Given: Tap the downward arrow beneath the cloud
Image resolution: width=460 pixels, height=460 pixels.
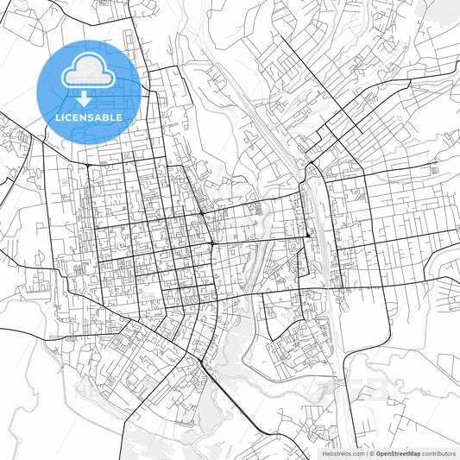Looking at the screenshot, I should click(x=89, y=98).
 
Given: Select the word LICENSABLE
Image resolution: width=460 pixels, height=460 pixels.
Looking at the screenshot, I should click(x=89, y=117).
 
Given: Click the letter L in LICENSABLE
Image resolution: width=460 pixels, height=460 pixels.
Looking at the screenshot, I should click(x=58, y=117).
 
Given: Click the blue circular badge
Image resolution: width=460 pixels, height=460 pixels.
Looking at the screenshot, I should click(x=89, y=91).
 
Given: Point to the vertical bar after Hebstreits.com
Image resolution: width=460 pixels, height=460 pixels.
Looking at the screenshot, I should click(x=368, y=453).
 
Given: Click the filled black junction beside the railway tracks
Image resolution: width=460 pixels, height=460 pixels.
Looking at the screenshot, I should click(x=308, y=235).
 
